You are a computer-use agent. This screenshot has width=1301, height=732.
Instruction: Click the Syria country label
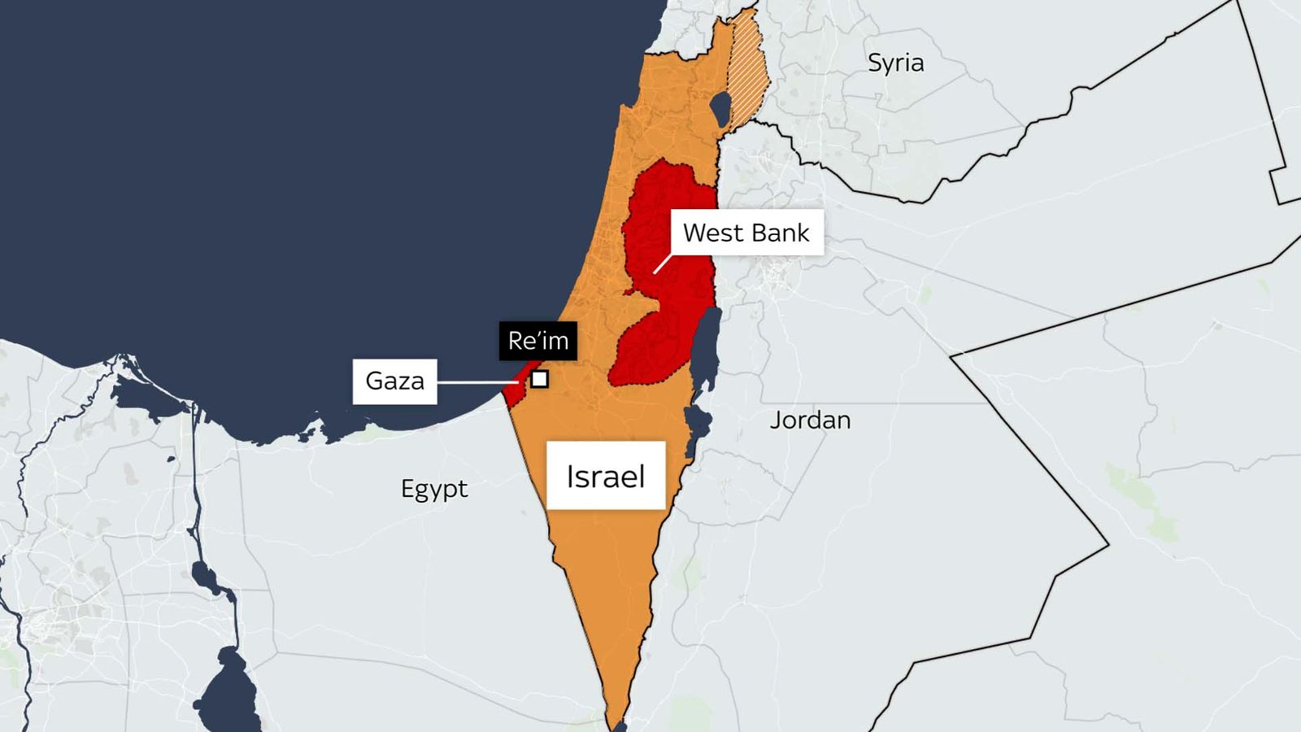tap(895, 63)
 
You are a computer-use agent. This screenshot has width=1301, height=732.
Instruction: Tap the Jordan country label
tap(810, 420)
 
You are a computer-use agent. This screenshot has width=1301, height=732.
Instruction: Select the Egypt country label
tap(434, 488)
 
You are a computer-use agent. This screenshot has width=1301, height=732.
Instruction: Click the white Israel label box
tap(606, 476)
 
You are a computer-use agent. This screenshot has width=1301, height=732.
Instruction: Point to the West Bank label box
tap(746, 233)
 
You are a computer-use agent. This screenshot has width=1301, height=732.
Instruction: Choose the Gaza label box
tap(394, 381)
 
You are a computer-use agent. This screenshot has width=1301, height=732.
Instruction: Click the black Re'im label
tap(537, 340)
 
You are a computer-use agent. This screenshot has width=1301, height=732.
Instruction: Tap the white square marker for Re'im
tap(539, 379)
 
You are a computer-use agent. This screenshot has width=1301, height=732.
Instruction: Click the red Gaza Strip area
tap(513, 393)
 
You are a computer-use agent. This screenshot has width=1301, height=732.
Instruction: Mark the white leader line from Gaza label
tap(476, 381)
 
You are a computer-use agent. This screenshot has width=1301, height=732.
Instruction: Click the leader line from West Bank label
tap(663, 263)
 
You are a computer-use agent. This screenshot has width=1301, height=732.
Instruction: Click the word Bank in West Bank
tap(781, 233)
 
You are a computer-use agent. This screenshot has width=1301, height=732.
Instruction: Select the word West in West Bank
tap(711, 233)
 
